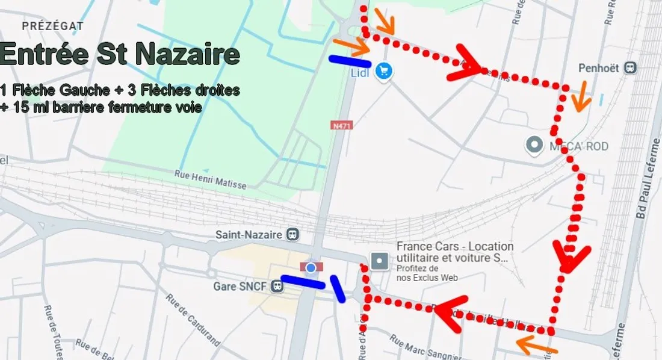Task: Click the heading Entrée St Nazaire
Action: click(120, 54)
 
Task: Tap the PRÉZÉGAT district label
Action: click(52, 26)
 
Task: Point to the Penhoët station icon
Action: click(630, 68)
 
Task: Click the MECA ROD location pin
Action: click(533, 145)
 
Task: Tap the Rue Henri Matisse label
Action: click(210, 179)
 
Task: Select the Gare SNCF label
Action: click(240, 286)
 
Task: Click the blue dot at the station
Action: click(311, 267)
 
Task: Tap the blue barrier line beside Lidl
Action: click(349, 61)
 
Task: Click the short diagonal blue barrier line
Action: click(337, 288)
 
